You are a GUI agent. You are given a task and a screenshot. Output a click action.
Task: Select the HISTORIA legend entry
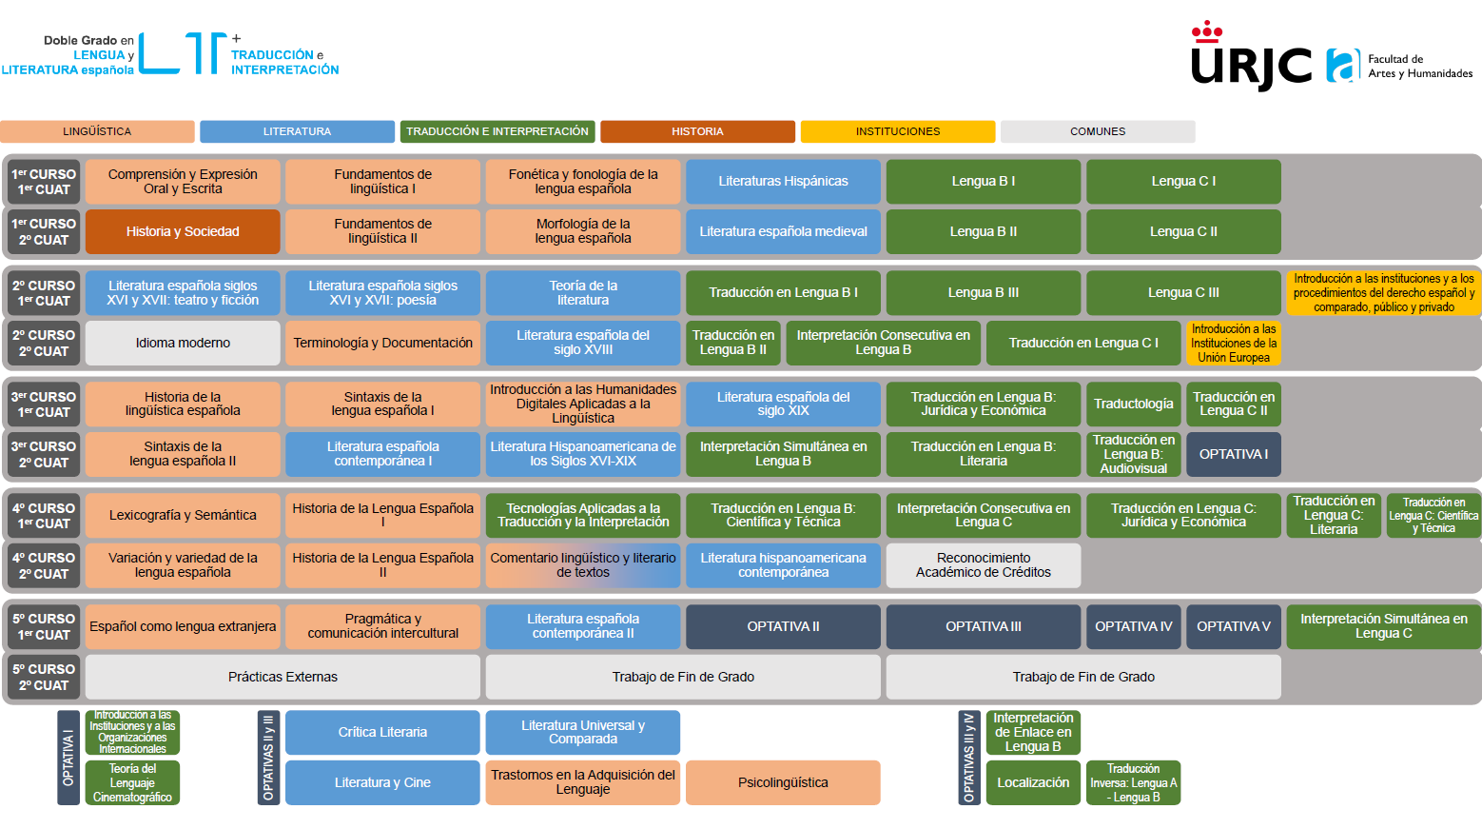click(x=697, y=131)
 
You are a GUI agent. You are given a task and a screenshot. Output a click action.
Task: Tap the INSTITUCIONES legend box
click(x=897, y=131)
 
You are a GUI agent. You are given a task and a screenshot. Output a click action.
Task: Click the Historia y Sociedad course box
click(x=183, y=231)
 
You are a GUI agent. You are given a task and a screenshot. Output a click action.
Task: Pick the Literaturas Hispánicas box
click(x=783, y=181)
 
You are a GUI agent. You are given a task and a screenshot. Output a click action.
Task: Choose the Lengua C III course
click(x=1183, y=292)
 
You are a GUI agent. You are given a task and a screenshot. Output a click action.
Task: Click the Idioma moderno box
click(x=183, y=343)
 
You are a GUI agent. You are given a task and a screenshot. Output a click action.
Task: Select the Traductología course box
click(x=1133, y=404)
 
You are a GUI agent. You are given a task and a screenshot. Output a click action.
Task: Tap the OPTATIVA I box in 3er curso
click(x=1233, y=454)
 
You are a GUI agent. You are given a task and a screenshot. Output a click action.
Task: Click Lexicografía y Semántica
click(x=183, y=515)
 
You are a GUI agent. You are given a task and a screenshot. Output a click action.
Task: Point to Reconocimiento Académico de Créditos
click(x=983, y=565)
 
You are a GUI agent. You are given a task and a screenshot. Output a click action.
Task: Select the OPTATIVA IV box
click(x=1133, y=626)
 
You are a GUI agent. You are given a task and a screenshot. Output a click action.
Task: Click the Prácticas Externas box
click(x=283, y=677)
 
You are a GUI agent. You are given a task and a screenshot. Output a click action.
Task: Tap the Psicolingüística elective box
click(x=783, y=782)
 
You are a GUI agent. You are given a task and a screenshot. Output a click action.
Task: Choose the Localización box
click(x=1033, y=782)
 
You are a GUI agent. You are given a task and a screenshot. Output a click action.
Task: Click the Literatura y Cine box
click(x=382, y=782)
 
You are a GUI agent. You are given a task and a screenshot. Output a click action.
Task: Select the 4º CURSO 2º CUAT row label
click(x=44, y=565)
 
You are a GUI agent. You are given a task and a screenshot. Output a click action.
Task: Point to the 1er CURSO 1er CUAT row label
click(x=44, y=181)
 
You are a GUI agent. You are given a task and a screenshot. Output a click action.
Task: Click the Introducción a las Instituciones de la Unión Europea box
click(x=1233, y=343)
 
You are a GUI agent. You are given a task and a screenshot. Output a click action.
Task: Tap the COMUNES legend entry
click(x=1097, y=131)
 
